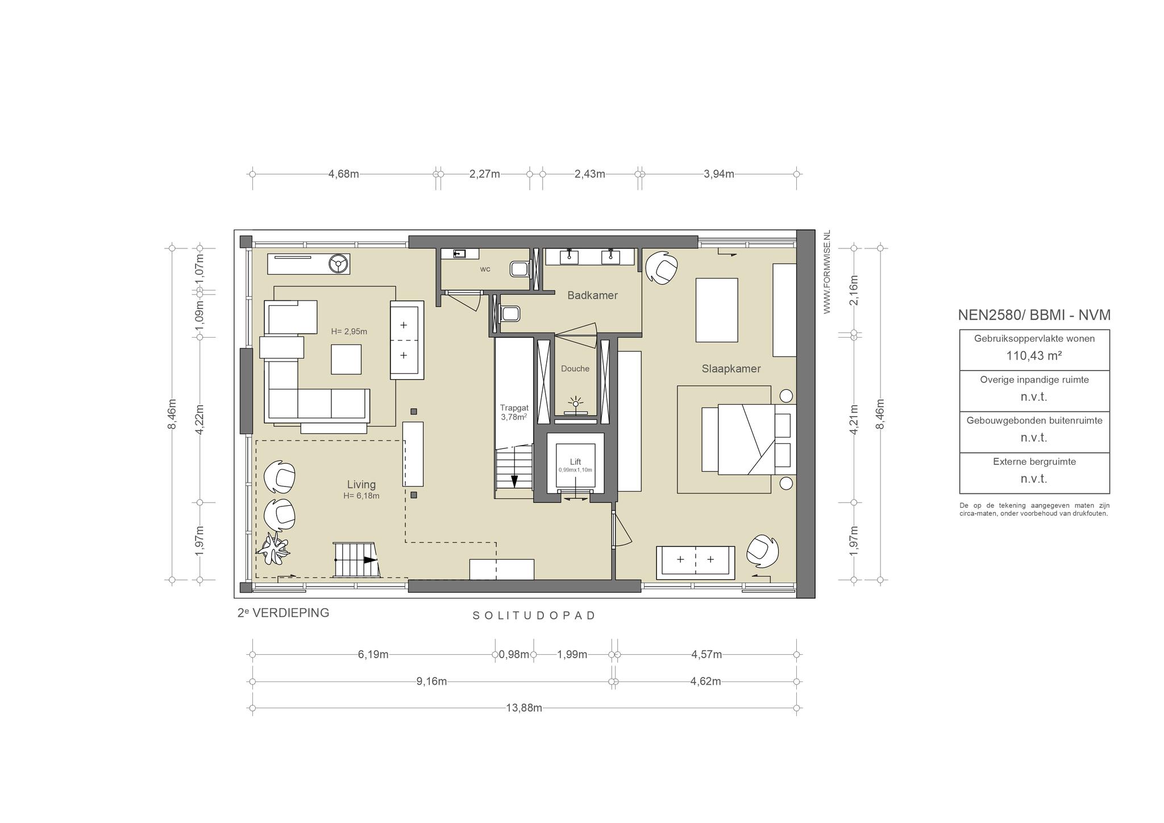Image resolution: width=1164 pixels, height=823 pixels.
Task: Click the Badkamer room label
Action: tap(592, 296)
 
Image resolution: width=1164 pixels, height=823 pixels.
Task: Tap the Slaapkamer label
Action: tap(731, 369)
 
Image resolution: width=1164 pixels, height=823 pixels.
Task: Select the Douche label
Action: tap(575, 369)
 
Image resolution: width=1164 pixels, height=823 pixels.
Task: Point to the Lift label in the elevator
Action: tap(575, 462)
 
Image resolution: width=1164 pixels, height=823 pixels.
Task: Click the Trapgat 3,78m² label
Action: tap(514, 412)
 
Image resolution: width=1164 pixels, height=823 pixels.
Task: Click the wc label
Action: tap(485, 269)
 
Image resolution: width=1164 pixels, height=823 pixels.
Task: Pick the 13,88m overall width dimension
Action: tap(524, 708)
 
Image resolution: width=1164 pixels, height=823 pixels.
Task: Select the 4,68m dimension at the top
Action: tap(343, 174)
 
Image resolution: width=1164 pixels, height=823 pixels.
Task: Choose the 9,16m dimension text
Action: tap(431, 681)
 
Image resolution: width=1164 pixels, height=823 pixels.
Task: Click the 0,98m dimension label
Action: tap(514, 655)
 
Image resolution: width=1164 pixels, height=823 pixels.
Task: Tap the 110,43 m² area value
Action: tap(1034, 356)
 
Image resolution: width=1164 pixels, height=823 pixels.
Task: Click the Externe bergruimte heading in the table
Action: tap(1034, 462)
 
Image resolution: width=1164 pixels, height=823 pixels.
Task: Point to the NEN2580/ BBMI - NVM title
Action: tap(1034, 315)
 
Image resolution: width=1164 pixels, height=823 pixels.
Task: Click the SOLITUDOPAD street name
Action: tap(534, 616)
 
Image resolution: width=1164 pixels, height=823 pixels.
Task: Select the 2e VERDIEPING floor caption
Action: tap(283, 613)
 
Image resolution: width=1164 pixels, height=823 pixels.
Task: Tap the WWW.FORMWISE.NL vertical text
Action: tap(827, 272)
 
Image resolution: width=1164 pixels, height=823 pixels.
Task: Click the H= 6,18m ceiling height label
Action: tap(361, 496)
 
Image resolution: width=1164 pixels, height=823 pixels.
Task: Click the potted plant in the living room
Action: tap(274, 549)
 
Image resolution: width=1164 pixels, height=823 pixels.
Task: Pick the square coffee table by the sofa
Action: tap(346, 359)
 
